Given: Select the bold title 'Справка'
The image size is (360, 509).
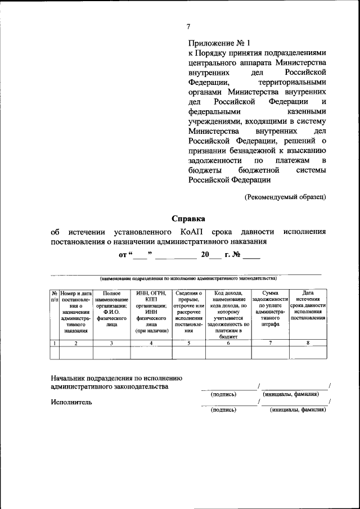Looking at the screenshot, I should pyautogui.click(x=188, y=218).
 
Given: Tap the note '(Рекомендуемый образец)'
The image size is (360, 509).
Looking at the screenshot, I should pyautogui.click(x=285, y=197).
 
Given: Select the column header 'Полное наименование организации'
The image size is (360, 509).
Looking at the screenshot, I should pyautogui.click(x=111, y=308).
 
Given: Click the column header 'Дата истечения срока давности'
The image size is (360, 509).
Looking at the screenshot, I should pyautogui.click(x=308, y=305).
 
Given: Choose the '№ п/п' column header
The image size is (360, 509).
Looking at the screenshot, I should pyautogui.click(x=54, y=297).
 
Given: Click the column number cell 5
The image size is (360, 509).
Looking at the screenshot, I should pyautogui.click(x=188, y=343).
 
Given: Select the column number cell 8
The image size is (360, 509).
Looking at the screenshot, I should pyautogui.click(x=308, y=343).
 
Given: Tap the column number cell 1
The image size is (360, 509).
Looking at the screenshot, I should pyautogui.click(x=54, y=343).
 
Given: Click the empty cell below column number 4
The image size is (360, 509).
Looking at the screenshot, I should pyautogui.click(x=151, y=352).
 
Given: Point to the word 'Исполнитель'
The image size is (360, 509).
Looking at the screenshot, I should pyautogui.click(x=71, y=402).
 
